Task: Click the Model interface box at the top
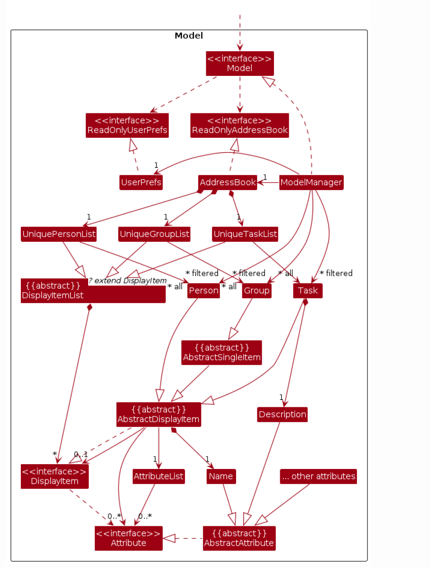click(x=240, y=64)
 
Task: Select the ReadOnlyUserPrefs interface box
click(x=127, y=125)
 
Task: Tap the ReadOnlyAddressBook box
click(x=240, y=125)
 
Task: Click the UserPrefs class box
click(x=141, y=183)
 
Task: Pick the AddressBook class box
click(x=228, y=183)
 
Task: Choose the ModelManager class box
click(x=311, y=183)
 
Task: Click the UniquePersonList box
click(x=59, y=234)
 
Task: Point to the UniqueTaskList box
click(x=245, y=234)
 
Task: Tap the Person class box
click(x=203, y=291)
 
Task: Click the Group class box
click(x=256, y=291)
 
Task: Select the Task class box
click(x=308, y=291)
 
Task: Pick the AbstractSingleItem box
click(x=222, y=352)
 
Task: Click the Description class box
click(x=283, y=414)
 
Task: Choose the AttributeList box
click(x=158, y=476)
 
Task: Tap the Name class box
click(x=221, y=476)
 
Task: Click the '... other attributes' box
click(x=318, y=476)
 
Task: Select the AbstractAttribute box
click(x=239, y=538)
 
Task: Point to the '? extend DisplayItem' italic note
click(x=128, y=280)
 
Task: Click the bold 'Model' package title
click(x=189, y=36)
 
